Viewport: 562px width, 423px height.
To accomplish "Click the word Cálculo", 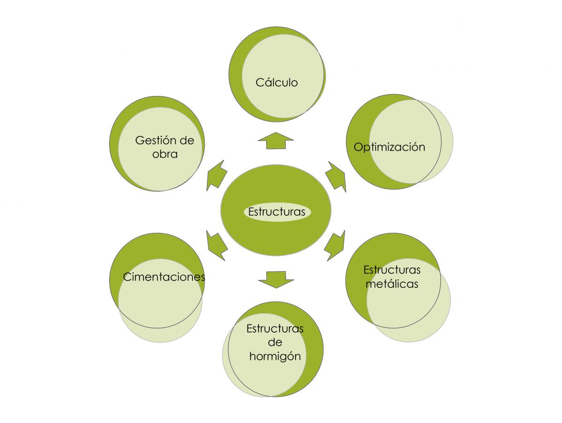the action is click(276, 82).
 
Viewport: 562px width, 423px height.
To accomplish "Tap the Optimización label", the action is click(389, 147).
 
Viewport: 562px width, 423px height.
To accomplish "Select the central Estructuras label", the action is click(277, 212).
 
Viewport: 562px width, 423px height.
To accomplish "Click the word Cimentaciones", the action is click(164, 277).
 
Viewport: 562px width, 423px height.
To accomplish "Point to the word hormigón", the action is click(275, 356).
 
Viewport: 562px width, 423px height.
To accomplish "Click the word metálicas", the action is click(392, 284).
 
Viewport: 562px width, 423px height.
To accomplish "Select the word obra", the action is click(165, 154).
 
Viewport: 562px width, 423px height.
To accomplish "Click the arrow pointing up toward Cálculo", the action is click(276, 141).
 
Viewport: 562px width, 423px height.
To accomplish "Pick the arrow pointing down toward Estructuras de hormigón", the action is click(276, 280).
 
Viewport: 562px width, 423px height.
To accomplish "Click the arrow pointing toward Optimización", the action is click(336, 177).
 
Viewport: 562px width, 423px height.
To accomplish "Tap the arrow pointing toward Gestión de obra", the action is click(216, 176).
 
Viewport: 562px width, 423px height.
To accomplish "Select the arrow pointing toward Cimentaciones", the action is click(216, 245).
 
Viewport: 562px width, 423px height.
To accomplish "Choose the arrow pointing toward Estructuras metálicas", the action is click(335, 245).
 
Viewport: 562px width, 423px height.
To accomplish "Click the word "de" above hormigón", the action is click(275, 342).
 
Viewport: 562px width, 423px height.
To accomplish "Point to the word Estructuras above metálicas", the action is click(392, 270).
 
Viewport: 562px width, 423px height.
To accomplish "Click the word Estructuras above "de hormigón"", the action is click(275, 329).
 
